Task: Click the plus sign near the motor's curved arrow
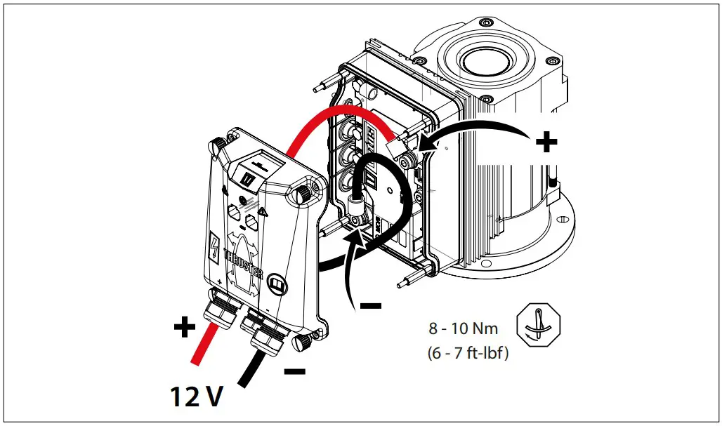(546, 143)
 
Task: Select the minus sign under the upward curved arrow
(370, 305)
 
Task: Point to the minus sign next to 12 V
(296, 371)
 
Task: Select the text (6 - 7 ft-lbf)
(467, 353)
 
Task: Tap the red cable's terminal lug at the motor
(398, 145)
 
